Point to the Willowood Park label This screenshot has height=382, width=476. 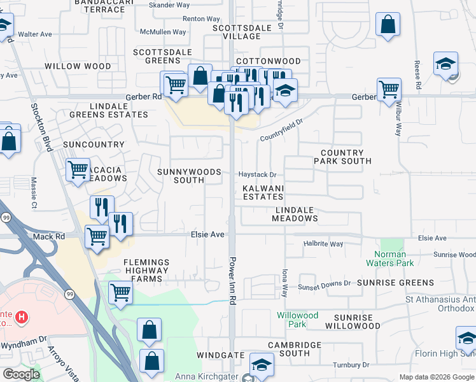point(297,320)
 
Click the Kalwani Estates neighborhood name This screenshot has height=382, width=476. point(263,193)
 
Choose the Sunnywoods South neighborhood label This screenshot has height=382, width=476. point(189,176)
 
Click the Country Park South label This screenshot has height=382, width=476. point(342,157)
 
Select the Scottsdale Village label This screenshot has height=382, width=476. point(237,32)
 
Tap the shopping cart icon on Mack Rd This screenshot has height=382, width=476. point(97,237)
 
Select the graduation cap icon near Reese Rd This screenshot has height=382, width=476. point(446,64)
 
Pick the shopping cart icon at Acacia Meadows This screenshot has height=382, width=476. point(78,170)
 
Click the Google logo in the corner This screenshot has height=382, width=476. point(21,374)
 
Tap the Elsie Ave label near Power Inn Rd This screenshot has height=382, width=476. point(208,235)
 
